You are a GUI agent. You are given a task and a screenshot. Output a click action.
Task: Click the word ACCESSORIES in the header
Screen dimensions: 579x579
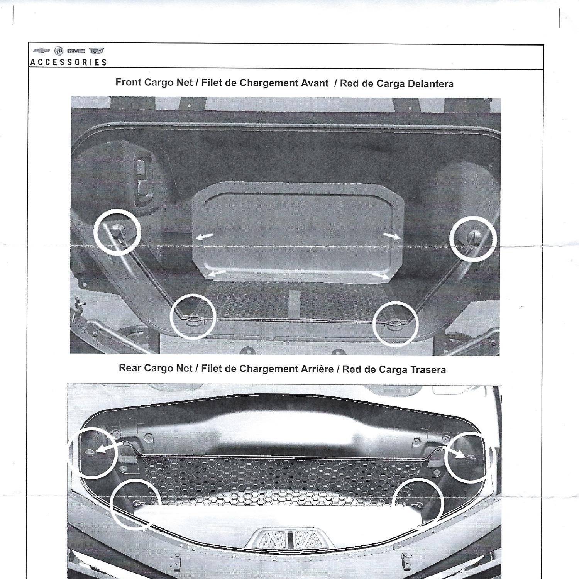[69, 62]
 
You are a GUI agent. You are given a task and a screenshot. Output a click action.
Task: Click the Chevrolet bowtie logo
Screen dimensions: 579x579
[39, 51]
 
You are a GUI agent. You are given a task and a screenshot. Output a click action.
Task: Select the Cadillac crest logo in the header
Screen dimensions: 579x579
[96, 51]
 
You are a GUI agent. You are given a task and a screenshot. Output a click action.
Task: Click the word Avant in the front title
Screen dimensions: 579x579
[315, 83]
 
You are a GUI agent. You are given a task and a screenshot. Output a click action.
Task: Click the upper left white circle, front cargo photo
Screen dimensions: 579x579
[118, 232]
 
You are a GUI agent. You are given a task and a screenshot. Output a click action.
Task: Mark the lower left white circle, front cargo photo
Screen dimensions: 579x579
[192, 316]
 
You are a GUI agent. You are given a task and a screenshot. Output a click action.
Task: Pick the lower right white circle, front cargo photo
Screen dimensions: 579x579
[396, 323]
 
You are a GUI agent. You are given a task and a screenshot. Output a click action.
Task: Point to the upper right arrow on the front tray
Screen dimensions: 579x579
[392, 236]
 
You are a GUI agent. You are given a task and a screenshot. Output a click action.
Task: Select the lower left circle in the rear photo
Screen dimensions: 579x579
[135, 504]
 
